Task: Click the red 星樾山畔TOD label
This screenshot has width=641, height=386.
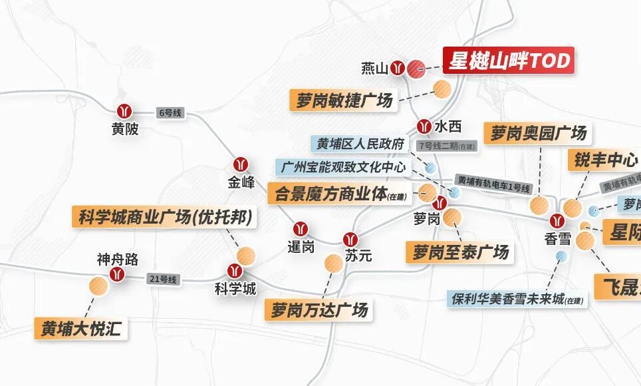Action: (509, 61)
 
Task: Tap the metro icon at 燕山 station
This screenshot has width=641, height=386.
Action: (398, 68)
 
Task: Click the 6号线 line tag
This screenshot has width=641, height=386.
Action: (170, 113)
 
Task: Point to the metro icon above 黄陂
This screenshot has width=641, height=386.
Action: (124, 111)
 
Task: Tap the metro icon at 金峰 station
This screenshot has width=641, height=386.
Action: (241, 164)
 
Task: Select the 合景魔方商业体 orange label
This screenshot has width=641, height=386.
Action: (341, 194)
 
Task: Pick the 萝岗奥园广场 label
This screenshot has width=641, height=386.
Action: (539, 133)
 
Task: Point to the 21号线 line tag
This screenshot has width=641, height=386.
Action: (163, 279)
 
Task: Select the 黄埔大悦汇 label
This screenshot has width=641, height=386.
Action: (81, 329)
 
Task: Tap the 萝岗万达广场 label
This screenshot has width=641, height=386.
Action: (319, 309)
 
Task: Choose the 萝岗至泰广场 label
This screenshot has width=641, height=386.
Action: (460, 252)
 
